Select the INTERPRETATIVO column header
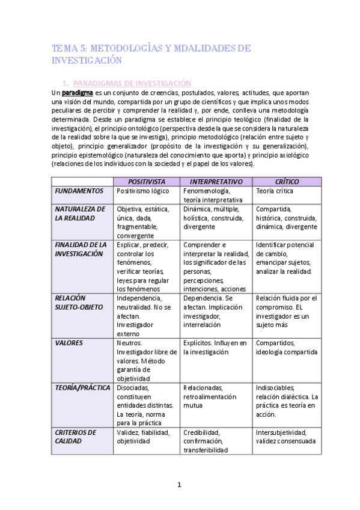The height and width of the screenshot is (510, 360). tap(215, 181)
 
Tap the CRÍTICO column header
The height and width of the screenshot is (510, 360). tap(287, 181)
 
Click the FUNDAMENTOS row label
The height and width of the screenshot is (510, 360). tap(79, 191)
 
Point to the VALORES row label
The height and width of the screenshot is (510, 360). tap(69, 343)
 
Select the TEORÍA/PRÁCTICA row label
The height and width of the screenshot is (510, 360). tap(82, 388)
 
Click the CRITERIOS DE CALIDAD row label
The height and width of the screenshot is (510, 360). tap(75, 437)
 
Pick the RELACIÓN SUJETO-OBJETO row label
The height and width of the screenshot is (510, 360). tap(79, 303)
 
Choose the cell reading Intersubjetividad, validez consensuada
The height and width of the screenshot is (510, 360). tap(285, 437)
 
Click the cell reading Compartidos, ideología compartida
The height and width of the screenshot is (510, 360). tap(286, 347)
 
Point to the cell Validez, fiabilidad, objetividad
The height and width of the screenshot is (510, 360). tap(143, 437)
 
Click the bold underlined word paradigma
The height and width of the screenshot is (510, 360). tap(78, 93)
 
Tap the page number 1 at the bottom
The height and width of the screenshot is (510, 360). tap(179, 485)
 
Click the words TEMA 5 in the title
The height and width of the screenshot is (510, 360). tap(68, 48)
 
